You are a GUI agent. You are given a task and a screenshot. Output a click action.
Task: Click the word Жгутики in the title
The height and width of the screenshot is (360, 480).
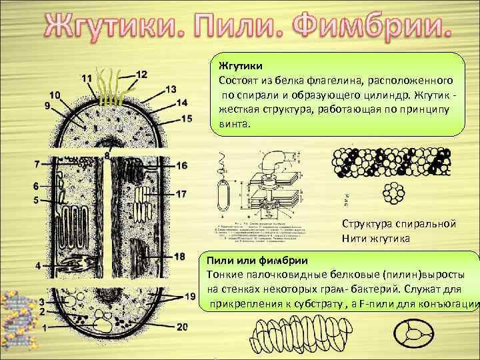pyautogui.click(x=123, y=27)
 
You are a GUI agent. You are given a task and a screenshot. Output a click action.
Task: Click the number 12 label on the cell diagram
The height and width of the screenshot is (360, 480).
pyautogui.click(x=141, y=73)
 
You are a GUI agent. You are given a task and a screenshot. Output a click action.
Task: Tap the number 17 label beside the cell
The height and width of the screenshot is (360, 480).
pyautogui.click(x=181, y=193)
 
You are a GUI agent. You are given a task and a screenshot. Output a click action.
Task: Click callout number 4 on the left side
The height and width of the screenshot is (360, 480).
pyautogui.click(x=38, y=265)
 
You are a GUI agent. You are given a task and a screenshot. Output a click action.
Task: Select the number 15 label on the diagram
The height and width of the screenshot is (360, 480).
pyautogui.click(x=186, y=118)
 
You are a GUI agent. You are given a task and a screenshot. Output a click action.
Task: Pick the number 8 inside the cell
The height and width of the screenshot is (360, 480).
pyautogui.click(x=107, y=155)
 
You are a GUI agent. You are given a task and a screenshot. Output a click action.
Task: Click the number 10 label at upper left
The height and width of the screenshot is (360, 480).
pyautogui.click(x=53, y=94)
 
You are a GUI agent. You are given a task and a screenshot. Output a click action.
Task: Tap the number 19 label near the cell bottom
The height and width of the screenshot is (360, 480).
pyautogui.click(x=191, y=295)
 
